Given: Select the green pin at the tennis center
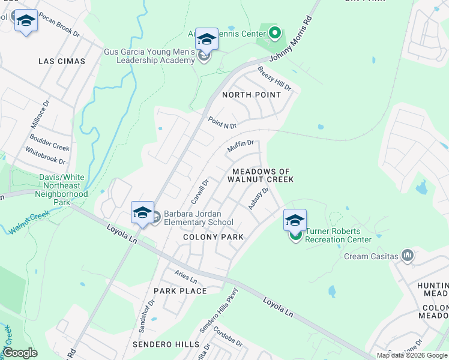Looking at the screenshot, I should pyautogui.click(x=275, y=32).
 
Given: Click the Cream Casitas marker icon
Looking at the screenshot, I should pyautogui.click(x=408, y=256).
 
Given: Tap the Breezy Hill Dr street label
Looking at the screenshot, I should pyautogui.click(x=274, y=79).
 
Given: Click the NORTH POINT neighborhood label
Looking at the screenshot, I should pyautogui.click(x=252, y=95).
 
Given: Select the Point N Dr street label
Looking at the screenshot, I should pyautogui.click(x=222, y=122).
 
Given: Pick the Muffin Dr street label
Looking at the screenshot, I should pyautogui.click(x=241, y=146).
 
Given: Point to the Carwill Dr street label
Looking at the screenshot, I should pyautogui.click(x=199, y=191).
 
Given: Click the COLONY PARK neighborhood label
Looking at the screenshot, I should pyautogui.click(x=214, y=237).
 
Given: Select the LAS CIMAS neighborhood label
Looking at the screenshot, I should pyautogui.click(x=62, y=61).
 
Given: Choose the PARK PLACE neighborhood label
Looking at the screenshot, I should pyautogui.click(x=180, y=291).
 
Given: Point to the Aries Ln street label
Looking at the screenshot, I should pyautogui.click(x=185, y=276).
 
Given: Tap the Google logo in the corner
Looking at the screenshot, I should pyautogui.click(x=20, y=353).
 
